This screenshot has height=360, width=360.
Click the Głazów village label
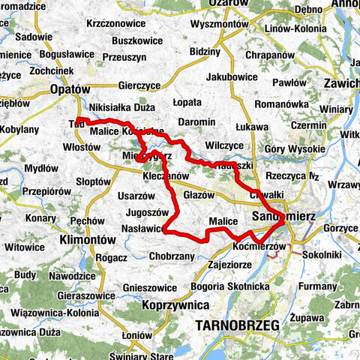pyautogui.click(x=199, y=195)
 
